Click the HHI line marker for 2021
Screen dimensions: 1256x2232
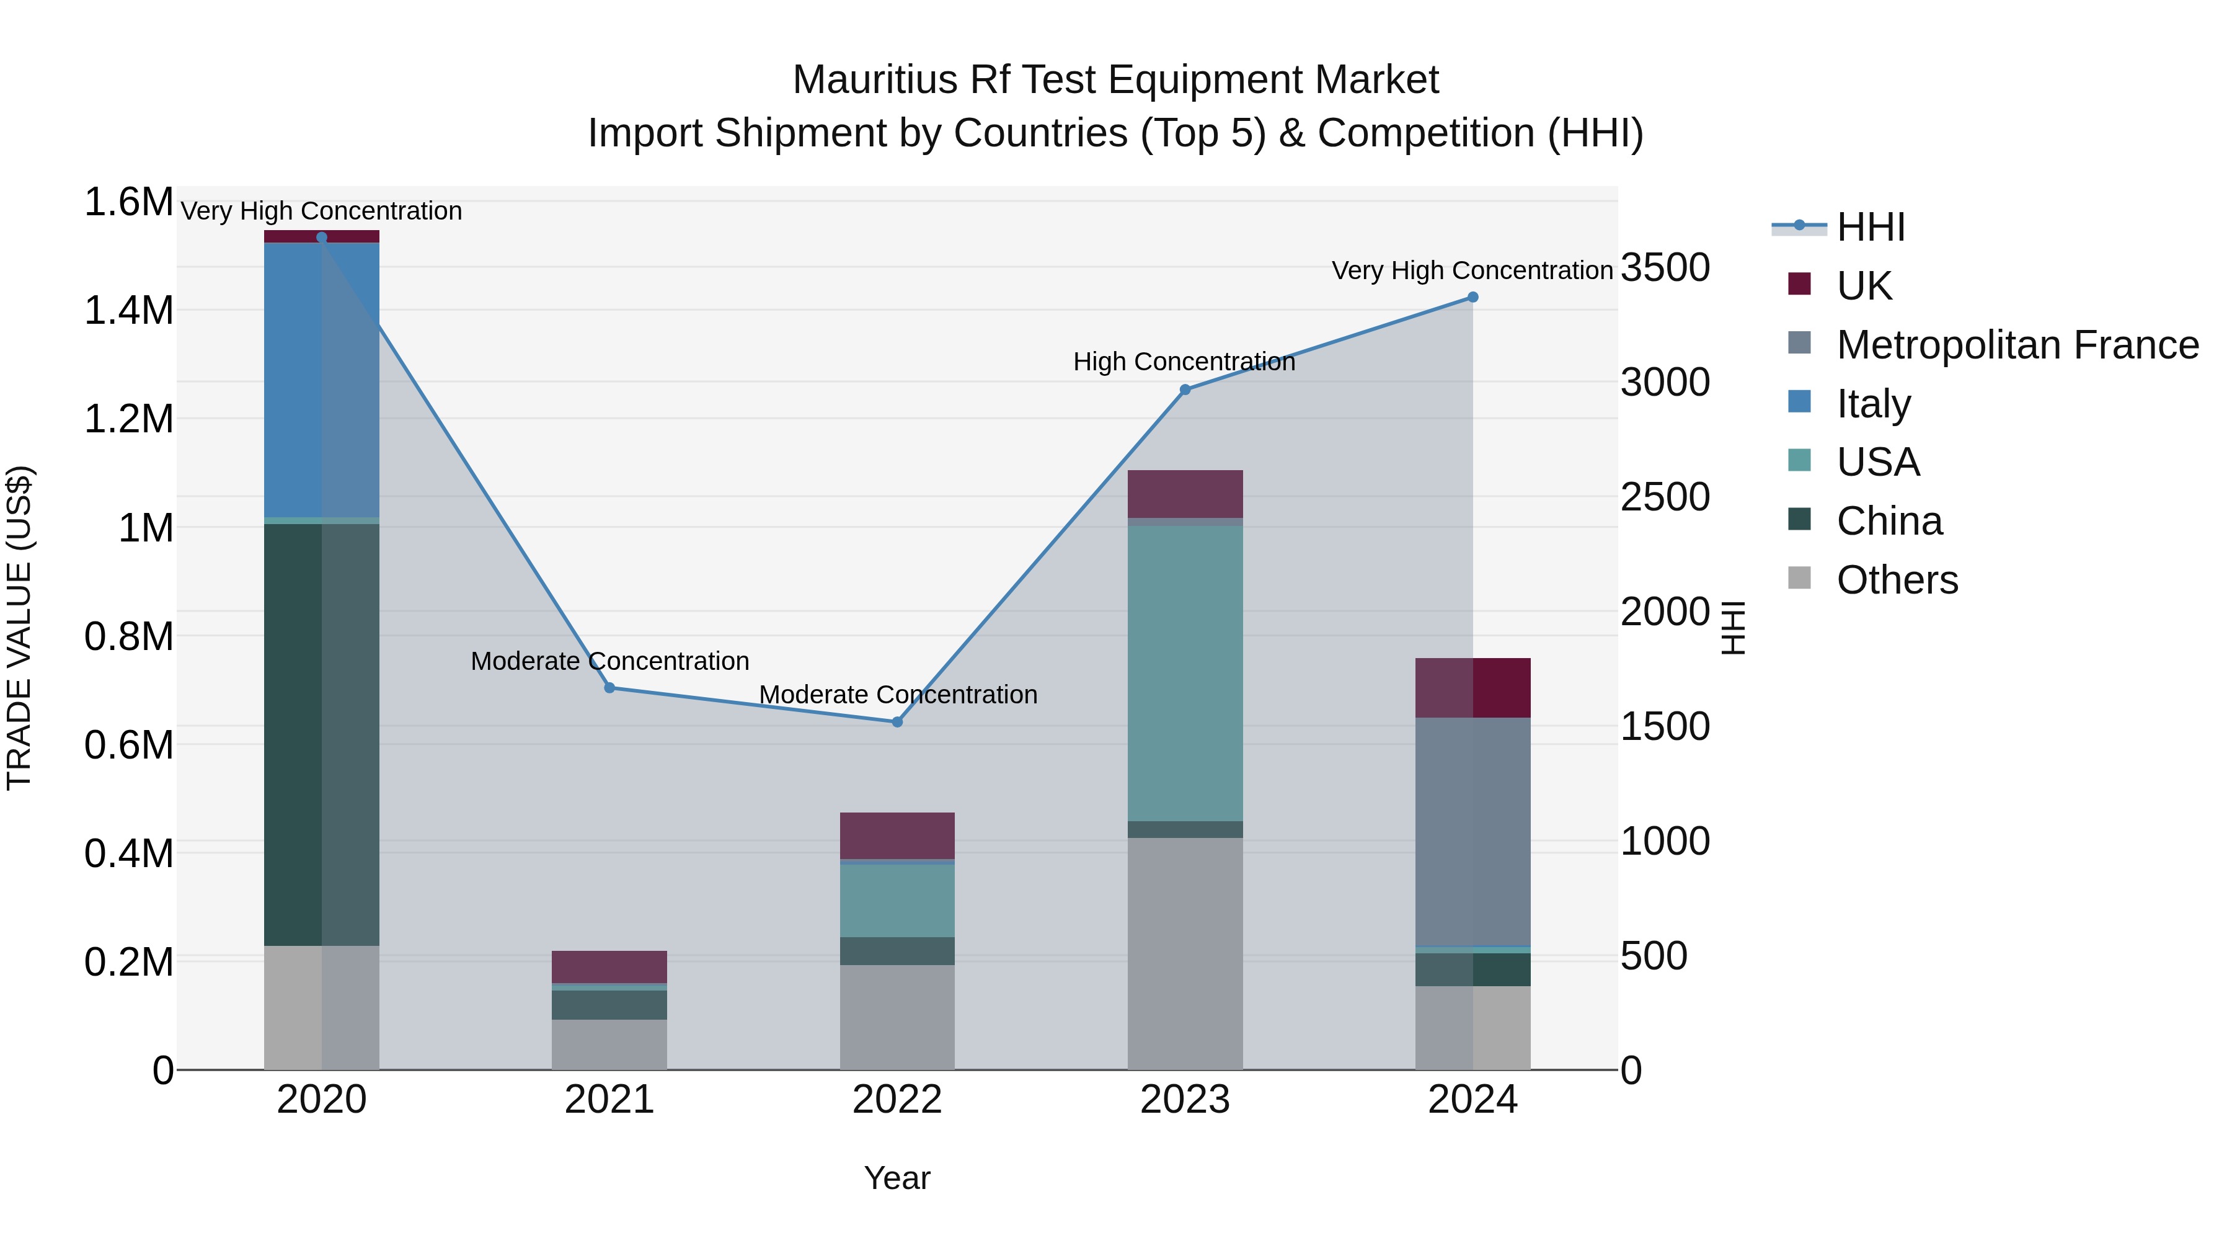coord(609,687)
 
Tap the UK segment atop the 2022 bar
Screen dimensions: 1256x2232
coord(897,835)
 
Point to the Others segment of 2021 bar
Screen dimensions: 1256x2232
coord(609,1044)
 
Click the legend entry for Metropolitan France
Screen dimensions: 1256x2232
coord(2017,345)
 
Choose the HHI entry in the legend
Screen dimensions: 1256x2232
coord(1870,227)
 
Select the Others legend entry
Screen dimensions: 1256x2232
coord(1897,580)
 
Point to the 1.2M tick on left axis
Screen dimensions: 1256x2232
coord(128,419)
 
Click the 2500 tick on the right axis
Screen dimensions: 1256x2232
coord(1665,497)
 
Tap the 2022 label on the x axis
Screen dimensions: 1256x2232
coord(897,1100)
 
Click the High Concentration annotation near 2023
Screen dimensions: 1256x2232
coord(1184,362)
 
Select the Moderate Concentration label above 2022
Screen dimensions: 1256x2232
coord(898,694)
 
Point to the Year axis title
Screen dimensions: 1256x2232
coord(897,1178)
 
